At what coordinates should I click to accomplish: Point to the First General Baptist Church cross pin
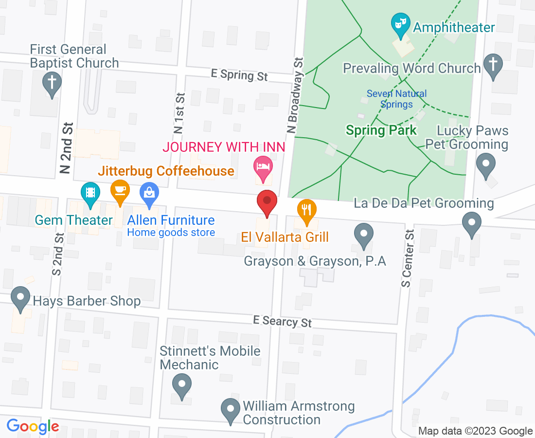[52, 83]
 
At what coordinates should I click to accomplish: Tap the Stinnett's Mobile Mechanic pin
[181, 384]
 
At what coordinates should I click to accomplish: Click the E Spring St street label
[239, 75]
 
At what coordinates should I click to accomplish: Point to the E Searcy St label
[282, 321]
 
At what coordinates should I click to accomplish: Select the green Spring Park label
[381, 130]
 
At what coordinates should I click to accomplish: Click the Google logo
[33, 426]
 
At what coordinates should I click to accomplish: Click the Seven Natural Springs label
[396, 99]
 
